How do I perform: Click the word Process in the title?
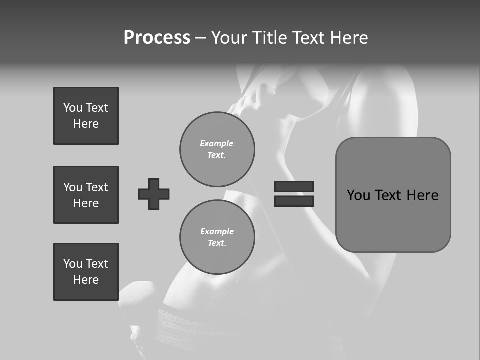[157, 38]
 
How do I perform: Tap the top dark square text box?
[86, 116]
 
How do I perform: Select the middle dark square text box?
[86, 195]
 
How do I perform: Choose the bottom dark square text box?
[86, 272]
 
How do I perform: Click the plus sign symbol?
[154, 194]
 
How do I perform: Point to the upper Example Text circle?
[217, 149]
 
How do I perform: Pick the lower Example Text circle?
[217, 237]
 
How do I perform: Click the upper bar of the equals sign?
[294, 186]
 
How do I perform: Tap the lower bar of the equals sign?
[294, 201]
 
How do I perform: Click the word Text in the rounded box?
[388, 195]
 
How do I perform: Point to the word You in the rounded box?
[358, 195]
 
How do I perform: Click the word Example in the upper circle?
[217, 143]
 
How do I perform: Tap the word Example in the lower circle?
[217, 231]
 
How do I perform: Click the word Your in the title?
[229, 38]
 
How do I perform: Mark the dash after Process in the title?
[200, 38]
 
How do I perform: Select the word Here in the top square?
[86, 124]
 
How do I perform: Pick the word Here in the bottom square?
[86, 280]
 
